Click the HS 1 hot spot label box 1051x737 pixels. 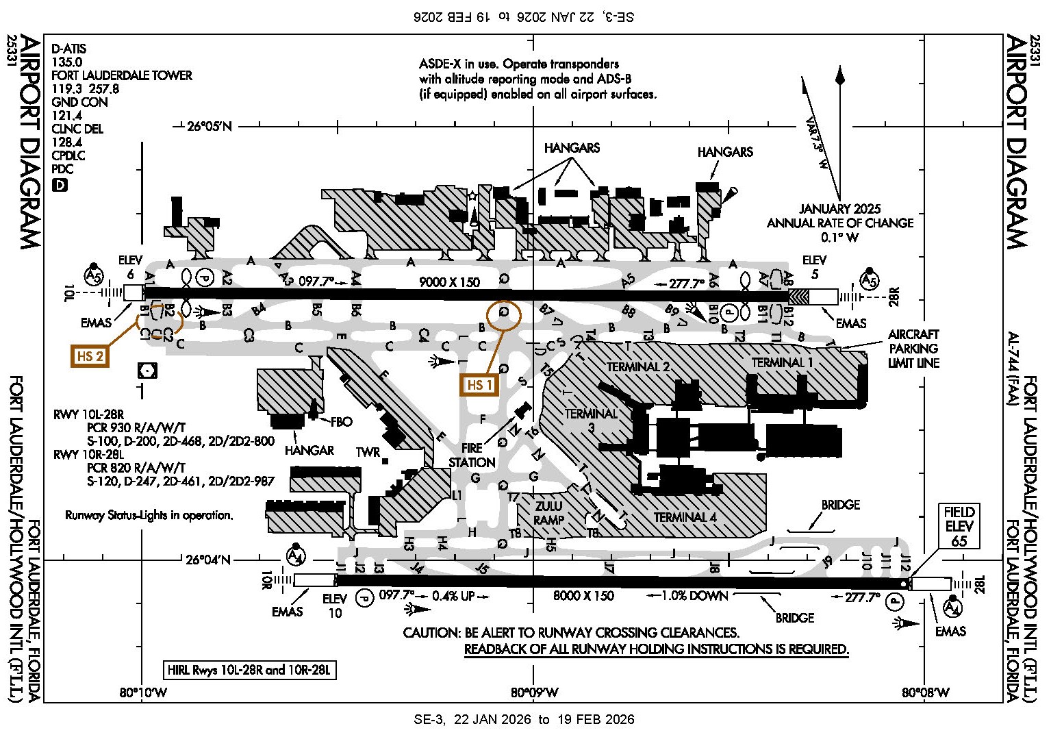(479, 385)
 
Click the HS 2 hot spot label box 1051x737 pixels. (90, 356)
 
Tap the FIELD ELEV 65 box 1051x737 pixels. (959, 526)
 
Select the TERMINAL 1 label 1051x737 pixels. (782, 362)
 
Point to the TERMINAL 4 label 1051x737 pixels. (685, 517)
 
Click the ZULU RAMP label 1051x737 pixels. (548, 513)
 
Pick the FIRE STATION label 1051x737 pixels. (472, 455)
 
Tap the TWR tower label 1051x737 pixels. (368, 452)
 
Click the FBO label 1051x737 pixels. (341, 421)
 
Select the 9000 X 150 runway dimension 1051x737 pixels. (449, 282)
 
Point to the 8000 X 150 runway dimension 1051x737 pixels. (583, 596)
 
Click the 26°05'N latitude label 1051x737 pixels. (210, 126)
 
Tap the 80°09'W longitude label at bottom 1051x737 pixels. (534, 692)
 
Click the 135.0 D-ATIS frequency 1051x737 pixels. (67, 62)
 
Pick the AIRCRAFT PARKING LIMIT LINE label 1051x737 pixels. (913, 349)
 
